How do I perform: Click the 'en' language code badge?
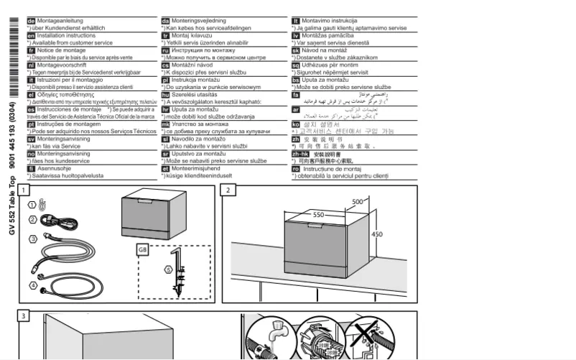point(31,34)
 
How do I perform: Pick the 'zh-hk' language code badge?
point(300,154)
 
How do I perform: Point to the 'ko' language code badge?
point(296,124)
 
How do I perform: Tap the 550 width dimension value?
point(318,215)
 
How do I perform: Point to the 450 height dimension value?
point(376,234)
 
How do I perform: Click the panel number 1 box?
point(24,190)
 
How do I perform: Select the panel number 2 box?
point(228,190)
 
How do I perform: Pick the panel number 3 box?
point(24,316)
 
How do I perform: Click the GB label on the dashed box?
point(141,249)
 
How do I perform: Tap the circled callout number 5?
point(167,270)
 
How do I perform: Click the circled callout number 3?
point(32,238)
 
